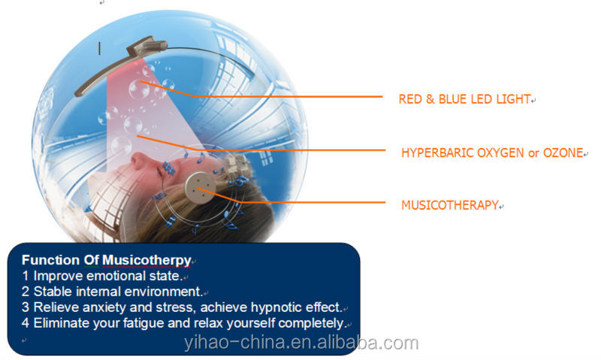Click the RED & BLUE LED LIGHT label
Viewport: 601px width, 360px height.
(464, 99)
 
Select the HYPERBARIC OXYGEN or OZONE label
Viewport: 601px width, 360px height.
(492, 153)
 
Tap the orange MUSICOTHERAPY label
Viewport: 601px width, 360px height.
(450, 205)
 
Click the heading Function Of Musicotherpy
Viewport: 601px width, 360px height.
(106, 260)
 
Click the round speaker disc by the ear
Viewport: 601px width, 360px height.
(200, 188)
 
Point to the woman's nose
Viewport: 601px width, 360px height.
(138, 159)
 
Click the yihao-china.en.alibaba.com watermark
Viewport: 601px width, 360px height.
(301, 343)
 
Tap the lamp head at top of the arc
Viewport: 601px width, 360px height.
(147, 46)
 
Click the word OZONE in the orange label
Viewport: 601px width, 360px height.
(563, 153)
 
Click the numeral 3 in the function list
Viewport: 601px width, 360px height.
(26, 307)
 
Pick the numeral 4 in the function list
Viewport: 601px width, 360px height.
(26, 323)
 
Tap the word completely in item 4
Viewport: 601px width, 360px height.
(311, 324)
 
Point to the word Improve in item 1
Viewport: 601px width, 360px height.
(59, 276)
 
